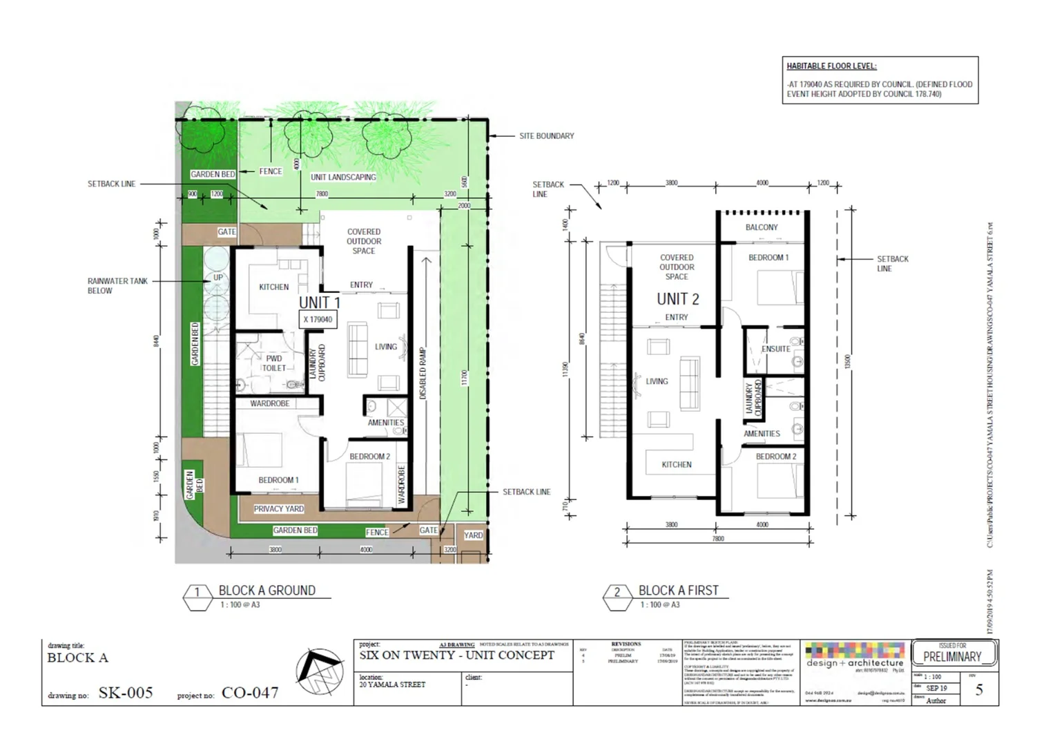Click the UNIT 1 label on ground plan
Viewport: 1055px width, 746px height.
pyautogui.click(x=319, y=303)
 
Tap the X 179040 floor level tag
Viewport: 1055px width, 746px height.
pyautogui.click(x=318, y=320)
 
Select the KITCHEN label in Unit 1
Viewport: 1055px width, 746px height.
pyautogui.click(x=273, y=287)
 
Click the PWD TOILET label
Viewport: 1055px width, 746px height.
pyautogui.click(x=274, y=363)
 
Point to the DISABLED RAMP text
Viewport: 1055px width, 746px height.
pyautogui.click(x=423, y=373)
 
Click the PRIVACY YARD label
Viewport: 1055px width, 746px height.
pyautogui.click(x=278, y=509)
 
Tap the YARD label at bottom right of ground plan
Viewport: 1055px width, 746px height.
pyautogui.click(x=473, y=535)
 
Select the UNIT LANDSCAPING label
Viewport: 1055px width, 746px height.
pyautogui.click(x=343, y=177)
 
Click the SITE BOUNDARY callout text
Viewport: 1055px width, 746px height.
pyautogui.click(x=546, y=136)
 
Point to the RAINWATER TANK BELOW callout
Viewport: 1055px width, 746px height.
pyautogui.click(x=117, y=286)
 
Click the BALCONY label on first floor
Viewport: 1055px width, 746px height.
pyautogui.click(x=762, y=227)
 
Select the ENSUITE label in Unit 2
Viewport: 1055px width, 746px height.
pyautogui.click(x=775, y=349)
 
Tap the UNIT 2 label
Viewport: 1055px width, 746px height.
pyautogui.click(x=677, y=299)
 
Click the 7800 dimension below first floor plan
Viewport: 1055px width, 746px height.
pyautogui.click(x=718, y=539)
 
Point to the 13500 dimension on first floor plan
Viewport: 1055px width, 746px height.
pyautogui.click(x=848, y=362)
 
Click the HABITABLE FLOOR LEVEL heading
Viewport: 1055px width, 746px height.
pyautogui.click(x=831, y=66)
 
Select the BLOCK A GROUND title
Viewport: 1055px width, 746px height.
pyautogui.click(x=267, y=591)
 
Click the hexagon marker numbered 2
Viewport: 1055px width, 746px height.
pyautogui.click(x=617, y=593)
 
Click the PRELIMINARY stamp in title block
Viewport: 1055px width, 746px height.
pyautogui.click(x=952, y=656)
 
